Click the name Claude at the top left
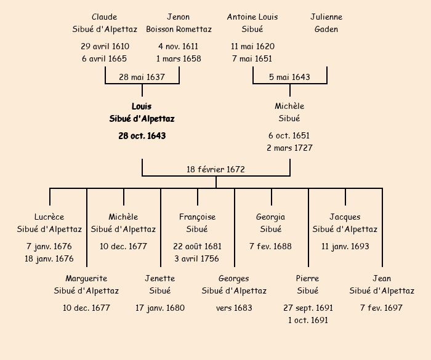tap(104, 17)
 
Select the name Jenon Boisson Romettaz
tap(179, 23)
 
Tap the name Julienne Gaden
tap(326, 23)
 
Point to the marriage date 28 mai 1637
tap(142, 78)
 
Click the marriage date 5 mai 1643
tap(289, 78)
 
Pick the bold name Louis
tap(142, 106)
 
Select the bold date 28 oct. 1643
tap(142, 136)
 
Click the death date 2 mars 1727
tap(289, 148)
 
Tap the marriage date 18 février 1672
tap(216, 169)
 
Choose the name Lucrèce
tap(49, 217)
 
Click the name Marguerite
tap(86, 279)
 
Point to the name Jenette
tap(160, 279)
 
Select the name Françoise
tap(197, 217)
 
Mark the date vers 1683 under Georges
tap(234, 308)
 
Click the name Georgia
tap(271, 217)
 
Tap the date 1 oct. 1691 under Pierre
tap(308, 321)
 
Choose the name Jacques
tap(345, 217)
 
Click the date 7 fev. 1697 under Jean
tap(382, 308)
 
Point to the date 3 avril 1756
tap(197, 259)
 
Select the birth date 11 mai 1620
tap(252, 47)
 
